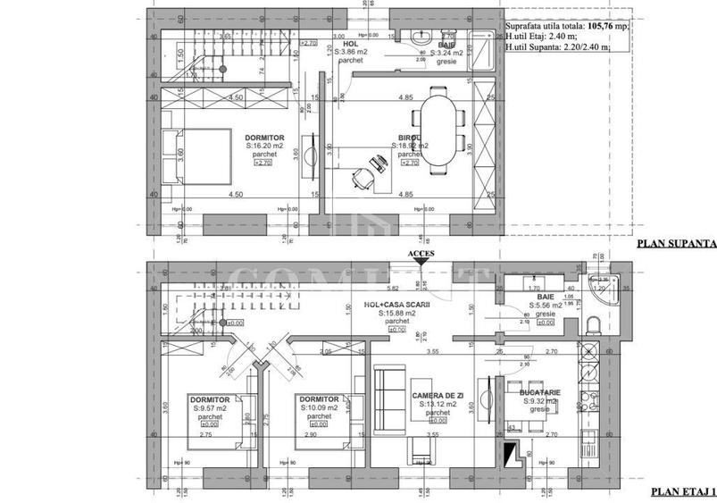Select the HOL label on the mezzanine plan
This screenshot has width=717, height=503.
[351, 42]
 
